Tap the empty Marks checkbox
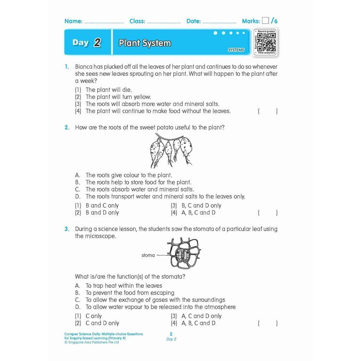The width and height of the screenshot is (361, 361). (265, 21)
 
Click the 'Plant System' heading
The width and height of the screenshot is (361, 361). (145, 43)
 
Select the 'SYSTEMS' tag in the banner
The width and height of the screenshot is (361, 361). (236, 50)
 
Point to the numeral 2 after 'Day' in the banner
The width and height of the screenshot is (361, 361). (97, 43)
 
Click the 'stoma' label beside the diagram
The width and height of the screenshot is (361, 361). (148, 255)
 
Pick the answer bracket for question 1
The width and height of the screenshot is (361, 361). (267, 111)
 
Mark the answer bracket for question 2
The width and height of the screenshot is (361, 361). (267, 213)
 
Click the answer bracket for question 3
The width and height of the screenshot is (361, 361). (267, 323)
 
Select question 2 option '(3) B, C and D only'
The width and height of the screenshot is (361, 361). (196, 206)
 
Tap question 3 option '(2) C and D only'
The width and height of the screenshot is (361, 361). (97, 323)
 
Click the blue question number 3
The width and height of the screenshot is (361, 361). (66, 229)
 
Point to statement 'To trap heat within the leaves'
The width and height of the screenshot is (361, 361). (123, 286)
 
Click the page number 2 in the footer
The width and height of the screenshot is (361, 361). (171, 334)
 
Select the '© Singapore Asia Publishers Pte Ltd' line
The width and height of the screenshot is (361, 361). (92, 342)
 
